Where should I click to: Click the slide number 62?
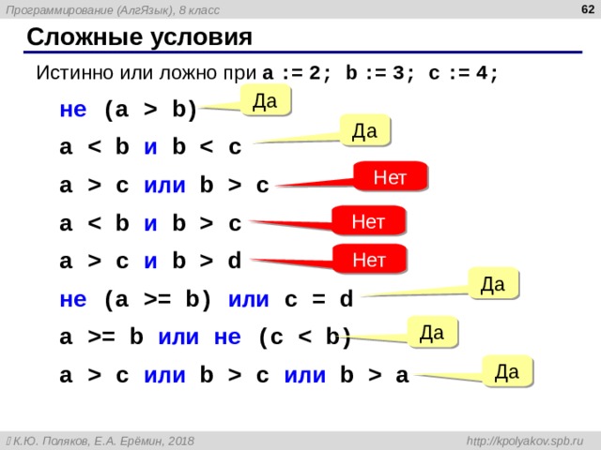[588, 9]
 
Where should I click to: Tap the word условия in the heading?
[201, 38]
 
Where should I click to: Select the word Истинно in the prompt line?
[75, 72]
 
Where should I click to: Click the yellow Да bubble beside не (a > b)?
[266, 100]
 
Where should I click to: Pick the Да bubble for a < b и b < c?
[365, 130]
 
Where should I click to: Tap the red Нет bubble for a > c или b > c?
[390, 177]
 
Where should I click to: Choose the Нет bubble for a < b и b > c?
[368, 221]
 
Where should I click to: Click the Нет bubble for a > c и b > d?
[369, 260]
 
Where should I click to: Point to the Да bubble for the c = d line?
[493, 283]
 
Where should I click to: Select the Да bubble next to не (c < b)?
[432, 332]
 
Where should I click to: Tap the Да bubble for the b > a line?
[507, 371]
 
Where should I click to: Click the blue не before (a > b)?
[73, 110]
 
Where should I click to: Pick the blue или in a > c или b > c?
[165, 186]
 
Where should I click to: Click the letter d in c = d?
[347, 298]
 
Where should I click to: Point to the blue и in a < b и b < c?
[150, 147]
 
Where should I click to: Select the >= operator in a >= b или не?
[101, 337]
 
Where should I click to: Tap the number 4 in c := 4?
[482, 73]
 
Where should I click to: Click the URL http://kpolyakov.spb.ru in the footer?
[525, 441]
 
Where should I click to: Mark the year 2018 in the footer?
[180, 441]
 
